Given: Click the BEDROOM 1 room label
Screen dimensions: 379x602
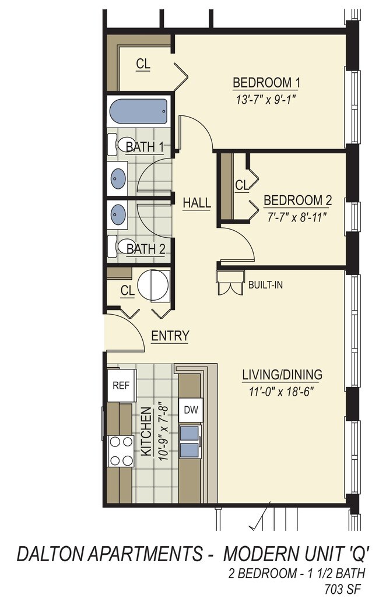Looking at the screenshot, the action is click(266, 83).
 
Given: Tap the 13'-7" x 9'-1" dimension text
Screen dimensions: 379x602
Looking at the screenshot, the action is click(267, 100).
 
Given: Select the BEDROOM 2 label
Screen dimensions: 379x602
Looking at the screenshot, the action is click(297, 200).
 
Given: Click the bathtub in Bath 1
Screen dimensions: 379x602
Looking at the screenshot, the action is click(138, 111).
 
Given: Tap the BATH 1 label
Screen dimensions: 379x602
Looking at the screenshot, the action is click(145, 147).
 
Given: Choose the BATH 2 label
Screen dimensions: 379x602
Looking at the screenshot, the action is click(146, 249).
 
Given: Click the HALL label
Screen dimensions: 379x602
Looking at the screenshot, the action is click(196, 202).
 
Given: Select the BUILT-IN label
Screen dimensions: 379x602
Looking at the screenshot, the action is click(265, 285).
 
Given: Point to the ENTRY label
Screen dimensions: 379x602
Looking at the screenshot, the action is click(170, 336).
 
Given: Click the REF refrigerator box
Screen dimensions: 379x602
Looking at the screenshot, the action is click(121, 385).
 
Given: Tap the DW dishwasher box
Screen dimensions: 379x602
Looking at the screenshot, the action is click(191, 410).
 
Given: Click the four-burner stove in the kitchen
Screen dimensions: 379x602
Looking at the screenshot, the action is click(121, 451).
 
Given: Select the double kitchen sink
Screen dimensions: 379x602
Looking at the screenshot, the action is click(190, 442).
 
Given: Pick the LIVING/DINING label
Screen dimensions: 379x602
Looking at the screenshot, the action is click(282, 374).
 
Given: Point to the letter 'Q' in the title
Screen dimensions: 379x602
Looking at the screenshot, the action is click(356, 554).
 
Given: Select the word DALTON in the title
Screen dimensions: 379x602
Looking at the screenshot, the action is click(49, 554).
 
